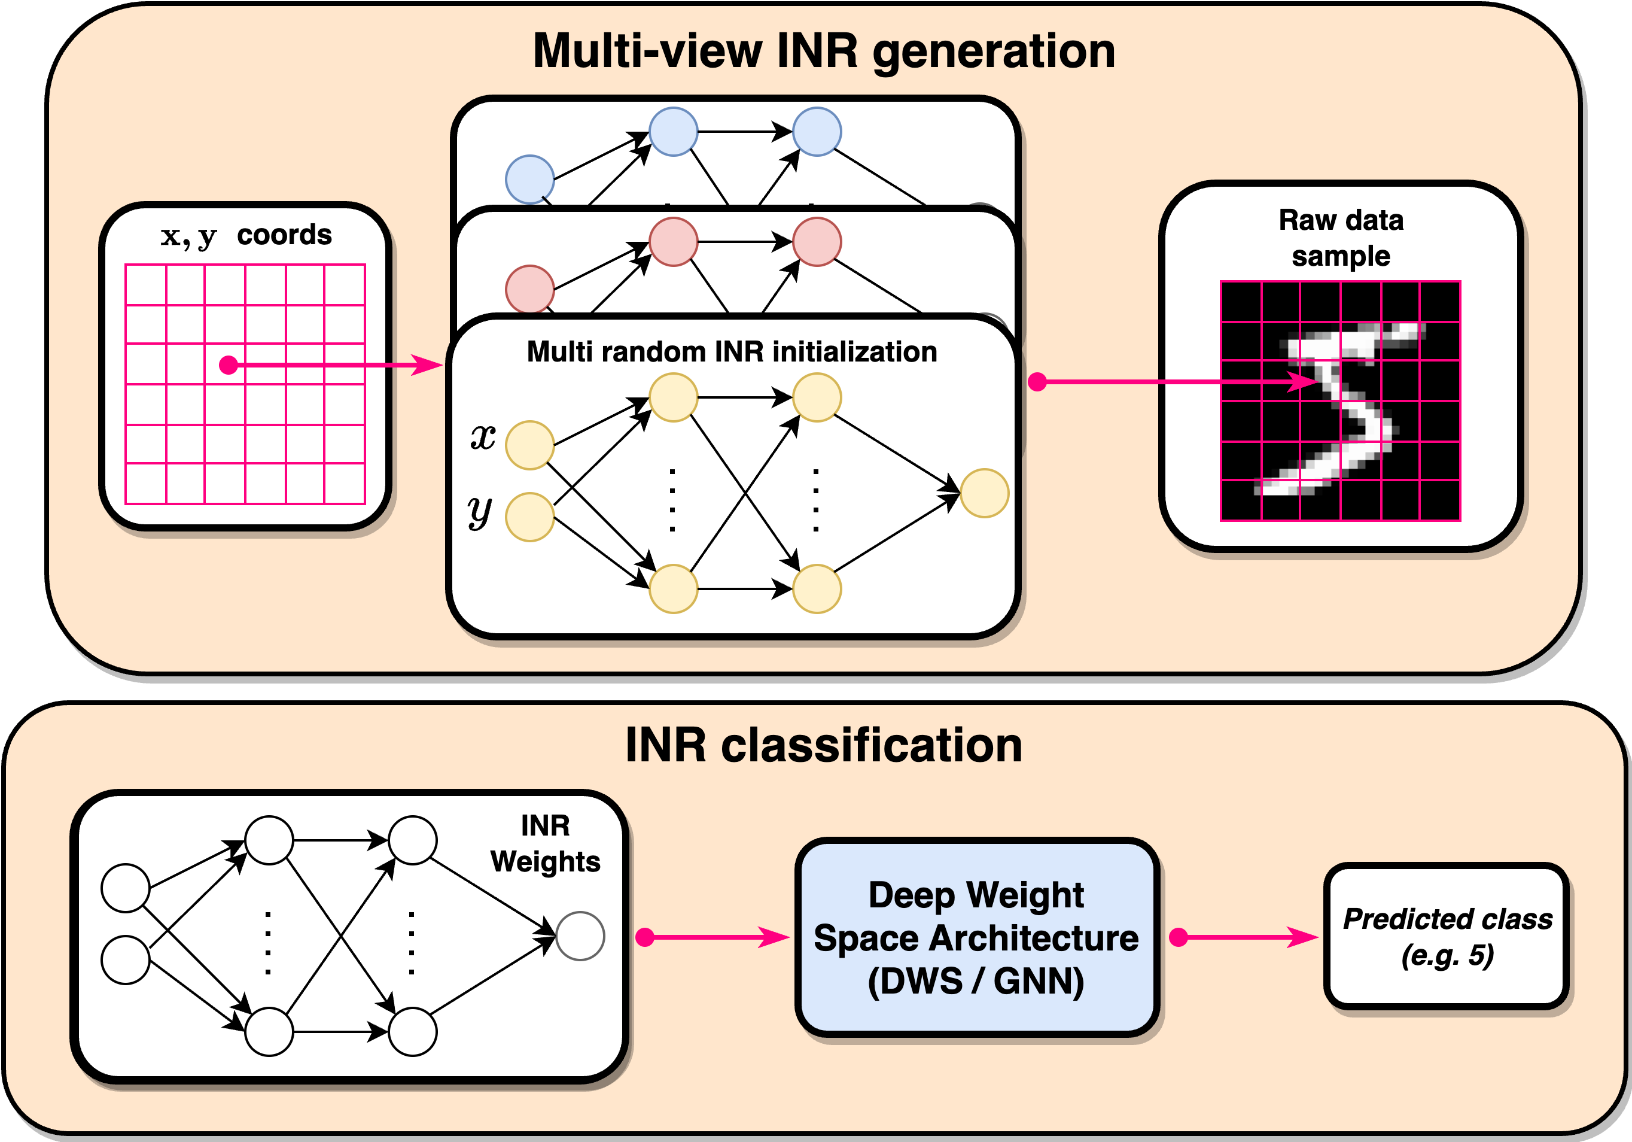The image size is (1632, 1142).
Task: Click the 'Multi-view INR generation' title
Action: tap(824, 52)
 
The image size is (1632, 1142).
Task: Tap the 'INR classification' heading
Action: tap(824, 745)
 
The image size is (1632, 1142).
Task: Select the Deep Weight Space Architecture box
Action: tap(978, 937)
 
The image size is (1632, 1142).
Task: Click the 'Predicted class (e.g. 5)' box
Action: tap(1447, 936)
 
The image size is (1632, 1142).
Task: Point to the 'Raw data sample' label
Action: tap(1341, 238)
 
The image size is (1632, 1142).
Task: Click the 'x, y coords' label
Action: tap(246, 235)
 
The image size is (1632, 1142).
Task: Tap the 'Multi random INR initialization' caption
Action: tap(732, 352)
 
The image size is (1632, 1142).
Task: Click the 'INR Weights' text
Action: tap(545, 843)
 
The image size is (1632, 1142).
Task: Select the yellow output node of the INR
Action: tap(985, 493)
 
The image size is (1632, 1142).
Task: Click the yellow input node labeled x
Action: tap(529, 445)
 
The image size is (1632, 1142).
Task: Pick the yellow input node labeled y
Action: tap(529, 517)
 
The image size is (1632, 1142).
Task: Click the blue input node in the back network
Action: tap(529, 179)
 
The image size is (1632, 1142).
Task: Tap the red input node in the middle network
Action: tap(529, 288)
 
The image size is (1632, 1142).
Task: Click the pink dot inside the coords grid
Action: tap(228, 365)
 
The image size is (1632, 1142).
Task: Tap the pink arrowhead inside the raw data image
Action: tap(1304, 382)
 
